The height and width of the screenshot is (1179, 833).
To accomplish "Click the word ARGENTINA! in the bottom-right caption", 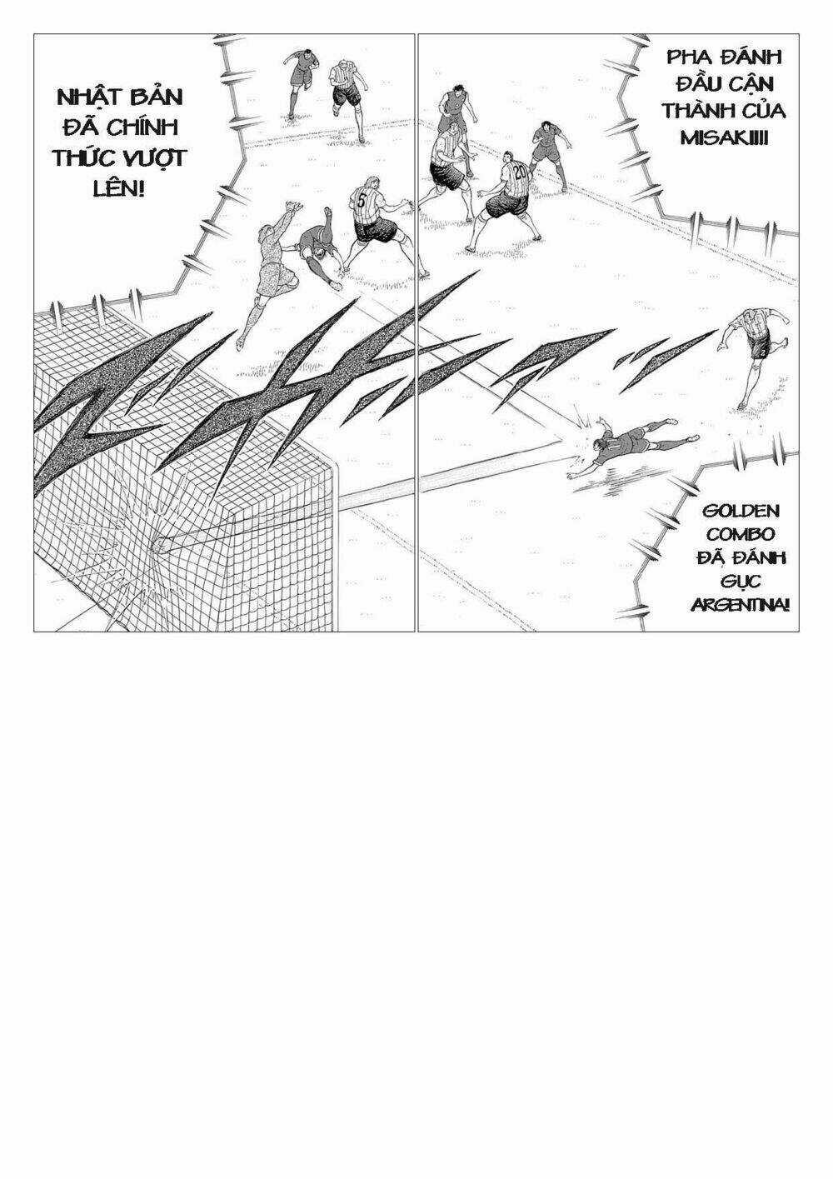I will click(740, 602).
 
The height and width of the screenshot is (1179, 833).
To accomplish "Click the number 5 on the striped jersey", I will click(361, 200).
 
